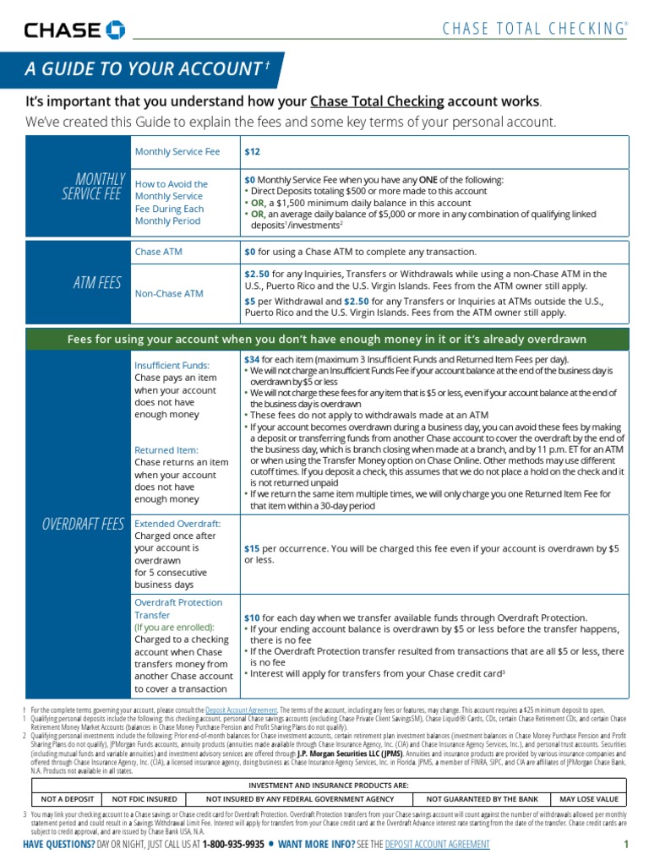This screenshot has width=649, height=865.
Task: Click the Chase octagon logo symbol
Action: pos(116,31)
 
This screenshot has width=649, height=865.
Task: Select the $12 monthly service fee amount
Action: pos(252,152)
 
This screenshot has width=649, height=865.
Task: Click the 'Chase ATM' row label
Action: pos(159,252)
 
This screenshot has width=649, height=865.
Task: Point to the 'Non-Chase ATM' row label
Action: pos(169,293)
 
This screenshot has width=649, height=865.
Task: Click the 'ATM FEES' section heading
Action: pos(97,283)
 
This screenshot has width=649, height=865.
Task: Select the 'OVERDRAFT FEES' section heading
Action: pos(84,524)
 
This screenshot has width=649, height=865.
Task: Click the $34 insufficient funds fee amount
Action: pos(252,359)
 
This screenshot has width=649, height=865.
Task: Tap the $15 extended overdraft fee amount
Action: pos(252,548)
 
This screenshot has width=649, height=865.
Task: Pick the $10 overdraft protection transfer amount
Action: pos(252,617)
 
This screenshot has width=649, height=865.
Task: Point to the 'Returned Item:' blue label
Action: pos(167,450)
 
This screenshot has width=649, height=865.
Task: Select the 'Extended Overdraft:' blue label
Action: pos(177,524)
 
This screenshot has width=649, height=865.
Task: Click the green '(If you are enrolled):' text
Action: pos(174,627)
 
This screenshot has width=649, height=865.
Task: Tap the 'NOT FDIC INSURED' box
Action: pos(145,798)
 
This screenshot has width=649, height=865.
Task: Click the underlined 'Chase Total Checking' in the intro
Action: pos(377,101)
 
